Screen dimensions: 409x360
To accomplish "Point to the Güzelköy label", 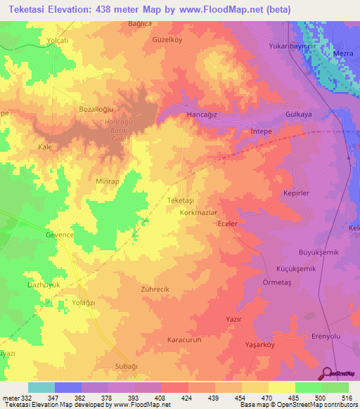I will [x=167, y=40].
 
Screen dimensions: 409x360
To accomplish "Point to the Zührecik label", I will [x=155, y=289].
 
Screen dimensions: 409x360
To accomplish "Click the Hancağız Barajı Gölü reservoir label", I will [x=118, y=129].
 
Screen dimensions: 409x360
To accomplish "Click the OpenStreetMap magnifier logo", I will [x=325, y=372].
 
